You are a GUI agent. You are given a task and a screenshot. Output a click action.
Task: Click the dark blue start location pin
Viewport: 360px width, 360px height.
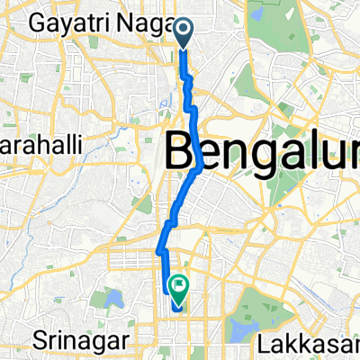pyautogui.click(x=183, y=33)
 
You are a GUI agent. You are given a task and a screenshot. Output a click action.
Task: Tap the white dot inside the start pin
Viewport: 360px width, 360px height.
pyautogui.click(x=183, y=30)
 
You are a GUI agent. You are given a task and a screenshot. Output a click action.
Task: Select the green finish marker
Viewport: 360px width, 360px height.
pyautogui.click(x=179, y=289)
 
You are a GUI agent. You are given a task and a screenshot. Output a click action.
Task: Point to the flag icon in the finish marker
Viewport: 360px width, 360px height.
pyautogui.click(x=179, y=287)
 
